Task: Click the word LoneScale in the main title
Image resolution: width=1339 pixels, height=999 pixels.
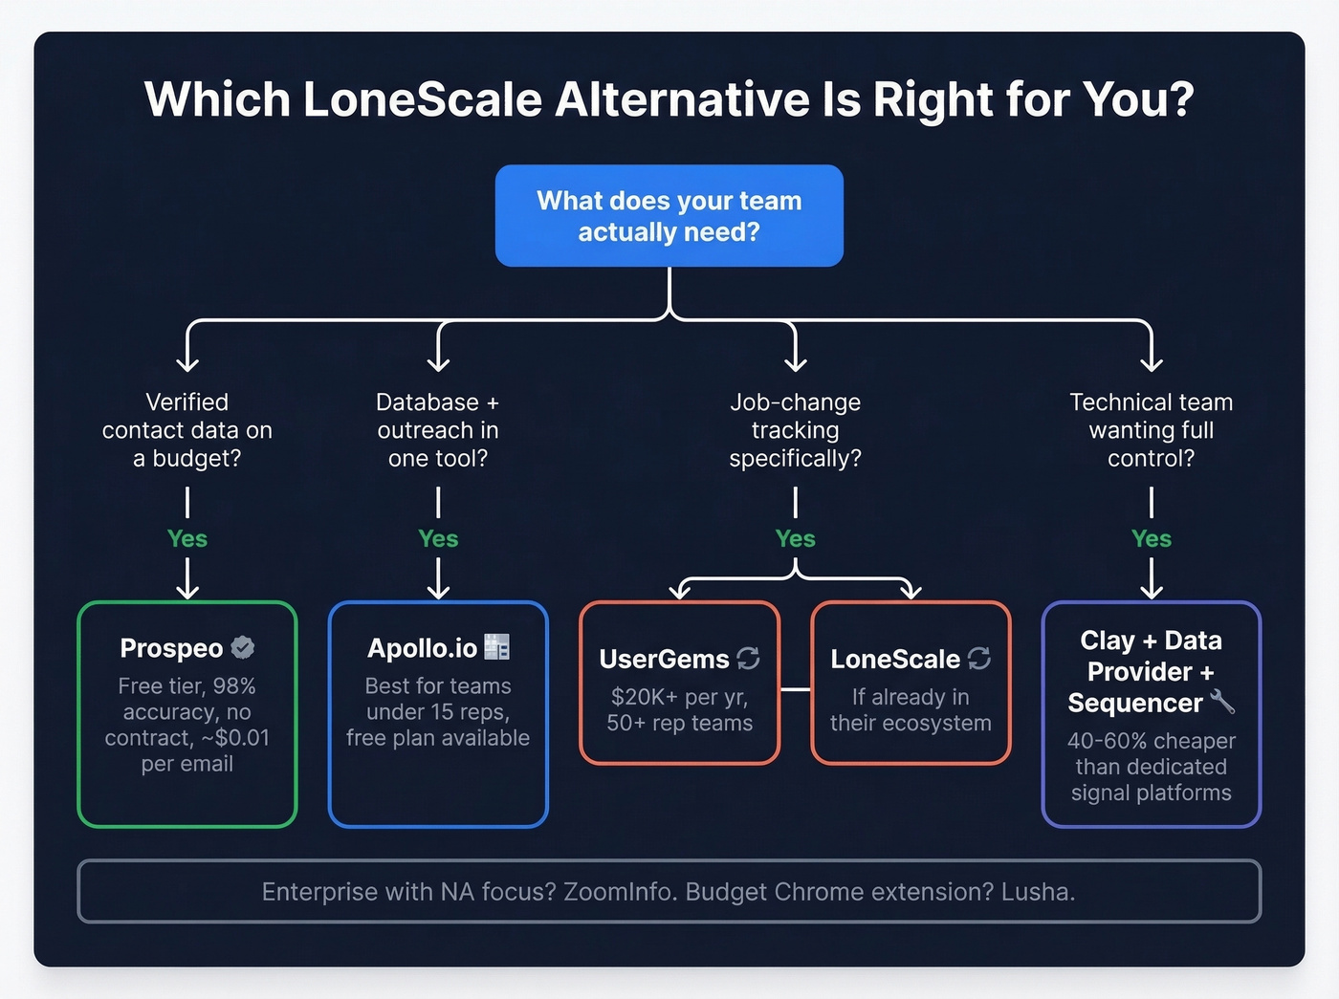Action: pyautogui.click(x=423, y=99)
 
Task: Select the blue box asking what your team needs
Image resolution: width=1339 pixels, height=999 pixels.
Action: pyautogui.click(x=669, y=216)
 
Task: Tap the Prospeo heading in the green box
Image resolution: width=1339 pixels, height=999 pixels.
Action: pyautogui.click(x=171, y=648)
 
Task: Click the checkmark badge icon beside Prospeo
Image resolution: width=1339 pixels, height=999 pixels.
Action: pyautogui.click(x=243, y=647)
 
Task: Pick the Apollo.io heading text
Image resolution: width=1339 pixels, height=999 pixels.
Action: pyautogui.click(x=422, y=648)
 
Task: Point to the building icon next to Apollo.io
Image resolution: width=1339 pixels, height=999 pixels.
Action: pyautogui.click(x=496, y=647)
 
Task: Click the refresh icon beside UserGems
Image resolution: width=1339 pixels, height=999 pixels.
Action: pyautogui.click(x=748, y=658)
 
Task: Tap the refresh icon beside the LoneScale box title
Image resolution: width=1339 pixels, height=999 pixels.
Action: pyautogui.click(x=979, y=658)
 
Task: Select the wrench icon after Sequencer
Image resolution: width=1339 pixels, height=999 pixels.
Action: pyautogui.click(x=1222, y=703)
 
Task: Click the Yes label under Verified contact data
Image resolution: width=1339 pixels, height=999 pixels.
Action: pyautogui.click(x=187, y=538)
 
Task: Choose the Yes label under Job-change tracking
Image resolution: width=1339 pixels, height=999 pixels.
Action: pyautogui.click(x=795, y=538)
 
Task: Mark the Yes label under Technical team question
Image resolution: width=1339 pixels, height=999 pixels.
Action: pyautogui.click(x=1151, y=538)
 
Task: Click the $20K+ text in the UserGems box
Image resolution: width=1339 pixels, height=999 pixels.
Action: pyautogui.click(x=640, y=697)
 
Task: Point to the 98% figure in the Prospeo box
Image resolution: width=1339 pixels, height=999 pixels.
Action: pyautogui.click(x=234, y=686)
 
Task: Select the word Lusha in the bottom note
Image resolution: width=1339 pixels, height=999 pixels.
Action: pyautogui.click(x=1037, y=892)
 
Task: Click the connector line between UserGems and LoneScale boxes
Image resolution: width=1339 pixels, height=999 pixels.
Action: pyautogui.click(x=795, y=688)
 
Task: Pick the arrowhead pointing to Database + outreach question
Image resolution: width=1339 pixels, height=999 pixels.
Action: pyautogui.click(x=438, y=363)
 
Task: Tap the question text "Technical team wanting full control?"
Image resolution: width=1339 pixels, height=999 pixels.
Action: pyautogui.click(x=1151, y=430)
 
